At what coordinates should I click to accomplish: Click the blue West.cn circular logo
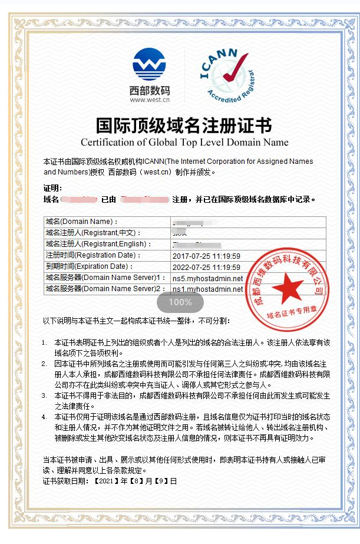[150, 65]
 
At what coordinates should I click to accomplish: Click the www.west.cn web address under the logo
[150, 100]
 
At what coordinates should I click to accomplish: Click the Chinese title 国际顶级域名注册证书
[184, 126]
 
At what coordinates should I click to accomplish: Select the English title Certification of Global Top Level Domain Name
[184, 142]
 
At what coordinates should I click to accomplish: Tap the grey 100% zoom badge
[180, 302]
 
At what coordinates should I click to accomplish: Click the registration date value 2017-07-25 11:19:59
[206, 256]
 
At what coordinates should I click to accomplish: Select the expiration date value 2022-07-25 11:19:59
[206, 267]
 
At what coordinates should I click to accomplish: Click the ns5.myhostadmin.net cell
[207, 278]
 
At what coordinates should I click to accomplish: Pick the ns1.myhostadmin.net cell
[207, 289]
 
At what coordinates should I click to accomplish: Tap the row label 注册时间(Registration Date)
[93, 256]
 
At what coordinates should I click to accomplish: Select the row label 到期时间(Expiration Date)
[89, 267]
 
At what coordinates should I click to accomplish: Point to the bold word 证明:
[52, 188]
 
